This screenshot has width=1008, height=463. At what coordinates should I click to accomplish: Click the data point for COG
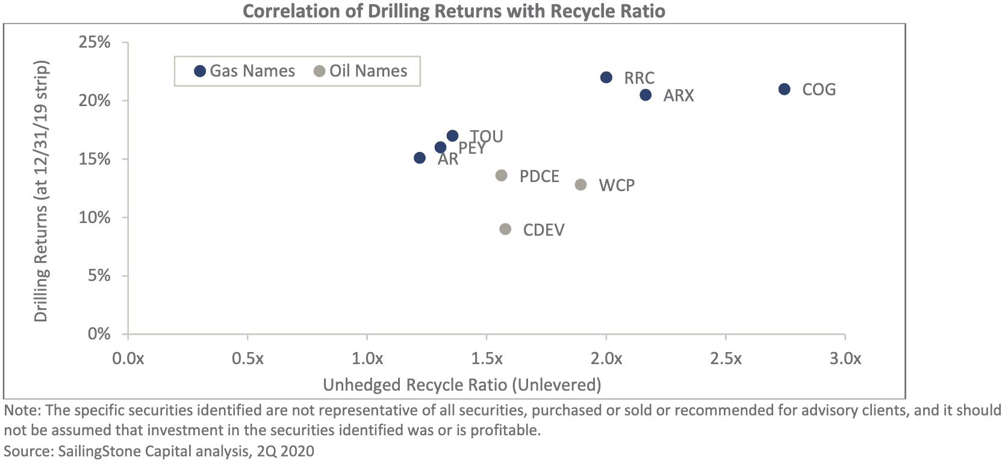(784, 89)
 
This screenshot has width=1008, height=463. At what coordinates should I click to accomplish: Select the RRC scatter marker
(606, 77)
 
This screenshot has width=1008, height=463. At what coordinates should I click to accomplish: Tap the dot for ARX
(646, 95)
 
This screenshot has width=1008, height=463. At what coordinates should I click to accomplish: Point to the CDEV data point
(505, 229)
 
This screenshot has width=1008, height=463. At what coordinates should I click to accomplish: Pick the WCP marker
(580, 184)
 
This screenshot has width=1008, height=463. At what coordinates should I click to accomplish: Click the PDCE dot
(501, 175)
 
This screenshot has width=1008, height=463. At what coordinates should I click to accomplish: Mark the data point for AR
(420, 158)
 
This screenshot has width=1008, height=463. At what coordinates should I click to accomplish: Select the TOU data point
(453, 136)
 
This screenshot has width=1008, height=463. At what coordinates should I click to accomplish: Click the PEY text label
(472, 148)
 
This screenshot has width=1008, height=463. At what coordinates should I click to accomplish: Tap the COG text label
(819, 89)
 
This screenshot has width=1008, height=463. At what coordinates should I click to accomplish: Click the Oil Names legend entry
(361, 71)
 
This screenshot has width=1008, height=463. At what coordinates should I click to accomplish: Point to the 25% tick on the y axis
(95, 42)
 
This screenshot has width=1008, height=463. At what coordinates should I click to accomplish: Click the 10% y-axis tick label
(95, 217)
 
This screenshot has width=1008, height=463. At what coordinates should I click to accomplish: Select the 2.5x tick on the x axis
(726, 359)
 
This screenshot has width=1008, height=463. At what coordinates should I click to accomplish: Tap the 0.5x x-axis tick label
(247, 359)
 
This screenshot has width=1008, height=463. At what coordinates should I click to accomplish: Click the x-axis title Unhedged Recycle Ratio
(462, 385)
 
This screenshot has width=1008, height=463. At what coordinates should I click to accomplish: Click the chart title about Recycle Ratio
(454, 11)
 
